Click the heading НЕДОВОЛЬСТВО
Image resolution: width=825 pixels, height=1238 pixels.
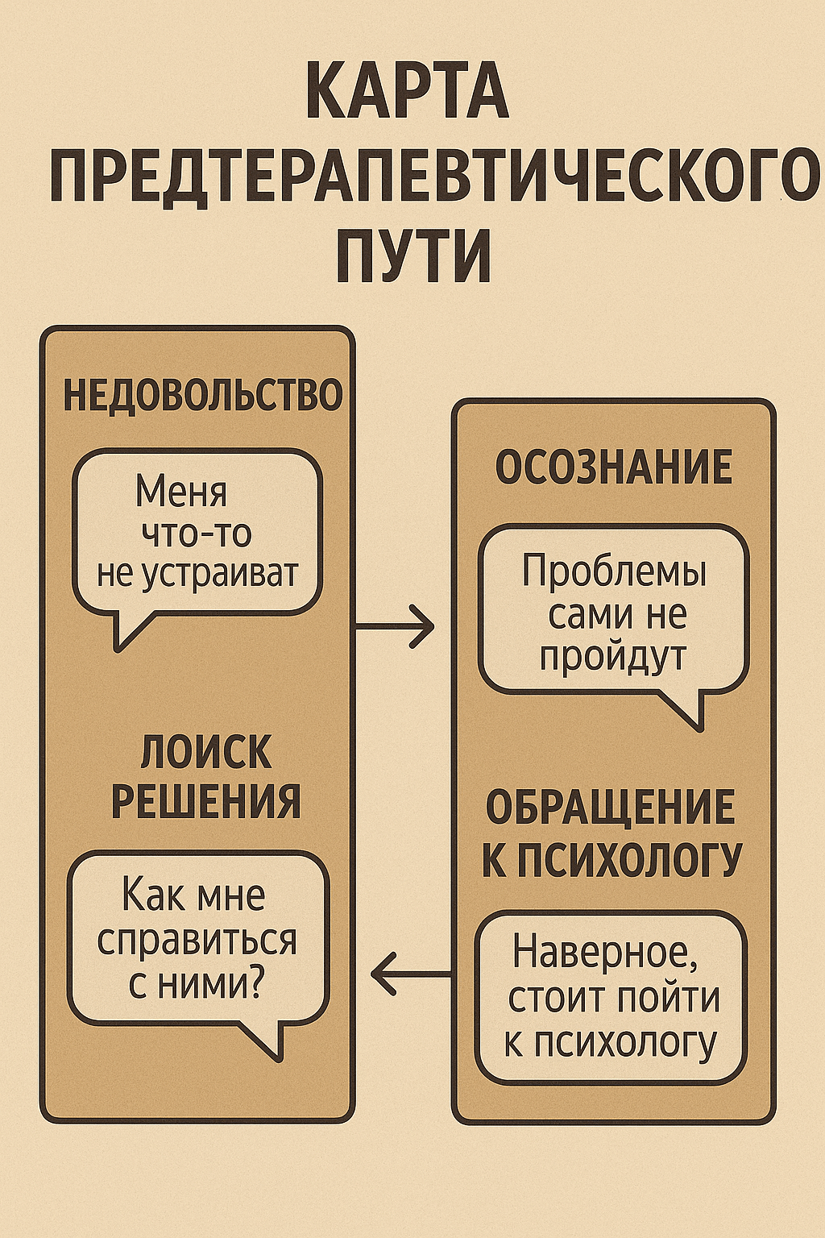pyautogui.click(x=203, y=396)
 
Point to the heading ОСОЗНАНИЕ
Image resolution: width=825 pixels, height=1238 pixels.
pyautogui.click(x=614, y=467)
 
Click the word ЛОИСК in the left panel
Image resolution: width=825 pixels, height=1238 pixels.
pyautogui.click(x=206, y=753)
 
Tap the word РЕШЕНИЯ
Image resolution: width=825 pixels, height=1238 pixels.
pyautogui.click(x=206, y=801)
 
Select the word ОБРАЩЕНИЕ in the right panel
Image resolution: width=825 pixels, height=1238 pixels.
pyautogui.click(x=611, y=808)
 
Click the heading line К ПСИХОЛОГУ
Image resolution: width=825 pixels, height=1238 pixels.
pyautogui.click(x=611, y=859)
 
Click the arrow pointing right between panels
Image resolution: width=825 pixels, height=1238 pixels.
pyautogui.click(x=396, y=625)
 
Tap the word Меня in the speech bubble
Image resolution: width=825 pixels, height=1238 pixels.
pyautogui.click(x=181, y=491)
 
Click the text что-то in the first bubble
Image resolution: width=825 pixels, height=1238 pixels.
pyautogui.click(x=197, y=533)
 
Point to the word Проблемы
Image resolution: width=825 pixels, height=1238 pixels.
pyautogui.click(x=614, y=571)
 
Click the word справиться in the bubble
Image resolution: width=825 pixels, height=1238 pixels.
pyautogui.click(x=197, y=941)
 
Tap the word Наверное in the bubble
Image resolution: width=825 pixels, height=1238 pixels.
pyautogui.click(x=605, y=953)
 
